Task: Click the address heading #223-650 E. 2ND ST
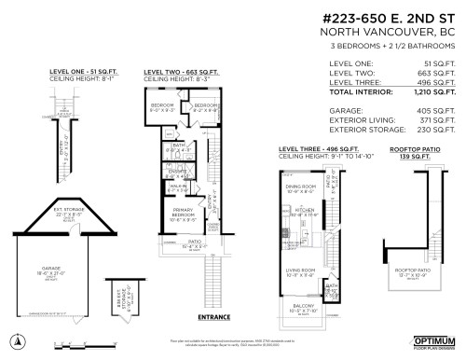tap(388, 18)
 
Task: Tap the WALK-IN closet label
tap(177, 187)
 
